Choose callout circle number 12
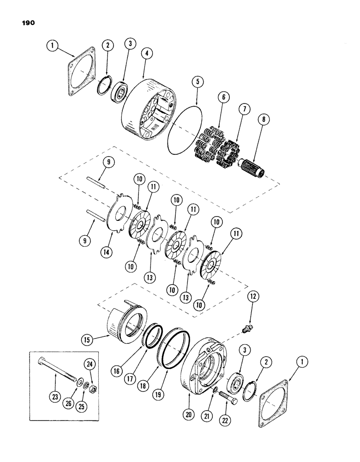tap(250, 295)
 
